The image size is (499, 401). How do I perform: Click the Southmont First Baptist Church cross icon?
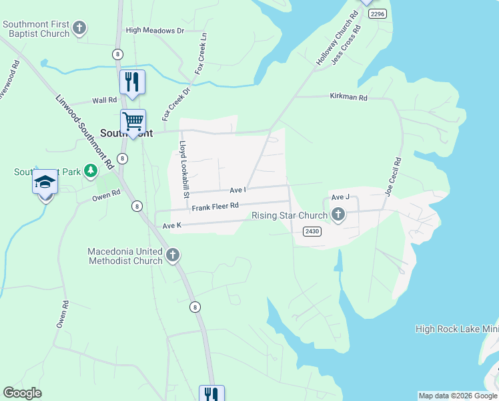(79, 28)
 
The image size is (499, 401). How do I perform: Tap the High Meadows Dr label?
(155, 31)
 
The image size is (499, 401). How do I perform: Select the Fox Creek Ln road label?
(201, 53)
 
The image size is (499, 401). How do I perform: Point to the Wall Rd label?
(105, 100)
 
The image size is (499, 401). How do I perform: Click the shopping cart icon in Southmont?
(133, 122)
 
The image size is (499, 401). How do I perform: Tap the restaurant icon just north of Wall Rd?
(132, 82)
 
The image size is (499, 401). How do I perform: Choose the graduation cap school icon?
(45, 182)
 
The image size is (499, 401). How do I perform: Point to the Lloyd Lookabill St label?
(184, 169)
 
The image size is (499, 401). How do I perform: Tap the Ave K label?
(172, 226)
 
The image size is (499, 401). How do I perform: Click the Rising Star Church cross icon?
(338, 215)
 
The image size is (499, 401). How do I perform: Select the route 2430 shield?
(312, 231)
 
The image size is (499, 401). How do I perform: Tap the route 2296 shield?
(378, 13)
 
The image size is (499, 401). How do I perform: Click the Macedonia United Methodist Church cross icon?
(172, 255)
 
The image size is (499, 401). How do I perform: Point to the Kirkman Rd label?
(348, 97)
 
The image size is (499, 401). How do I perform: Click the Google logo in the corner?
(23, 393)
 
